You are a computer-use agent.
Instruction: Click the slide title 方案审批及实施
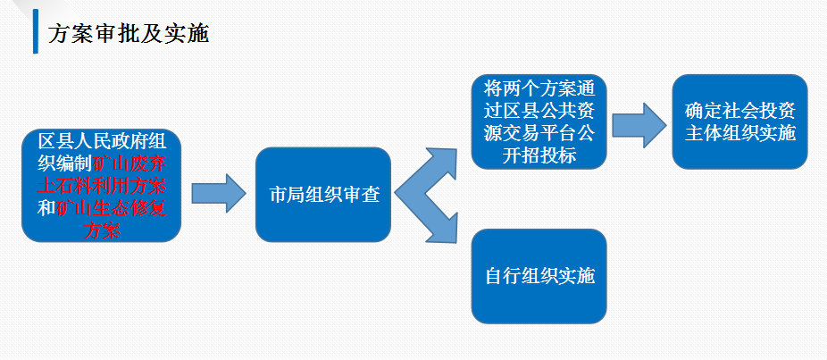[x=129, y=33]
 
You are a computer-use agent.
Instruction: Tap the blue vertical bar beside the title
[x=36, y=31]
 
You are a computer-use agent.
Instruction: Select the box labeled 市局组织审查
[x=323, y=195]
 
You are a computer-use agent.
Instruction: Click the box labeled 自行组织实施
[x=539, y=276]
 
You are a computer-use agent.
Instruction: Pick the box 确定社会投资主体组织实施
[x=740, y=121]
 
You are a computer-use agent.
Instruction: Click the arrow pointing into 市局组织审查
[x=219, y=193]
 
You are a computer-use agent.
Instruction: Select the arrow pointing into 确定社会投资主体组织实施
[x=639, y=124]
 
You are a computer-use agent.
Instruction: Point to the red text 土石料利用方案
[x=103, y=186]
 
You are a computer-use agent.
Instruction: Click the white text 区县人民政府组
[x=103, y=141]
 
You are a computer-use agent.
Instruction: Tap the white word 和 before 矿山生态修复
[x=46, y=208]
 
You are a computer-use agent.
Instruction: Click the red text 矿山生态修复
[x=112, y=208]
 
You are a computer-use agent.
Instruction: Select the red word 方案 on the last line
[x=103, y=230]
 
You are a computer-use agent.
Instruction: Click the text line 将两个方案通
[x=539, y=88]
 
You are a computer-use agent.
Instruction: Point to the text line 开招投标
[x=539, y=155]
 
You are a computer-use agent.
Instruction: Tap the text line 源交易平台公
[x=539, y=133]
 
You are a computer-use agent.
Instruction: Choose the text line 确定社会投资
[x=740, y=111]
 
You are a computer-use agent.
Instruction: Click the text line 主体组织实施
[x=740, y=133]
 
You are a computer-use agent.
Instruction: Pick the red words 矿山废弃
[x=130, y=163]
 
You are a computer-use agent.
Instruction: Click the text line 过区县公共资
[x=539, y=111]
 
